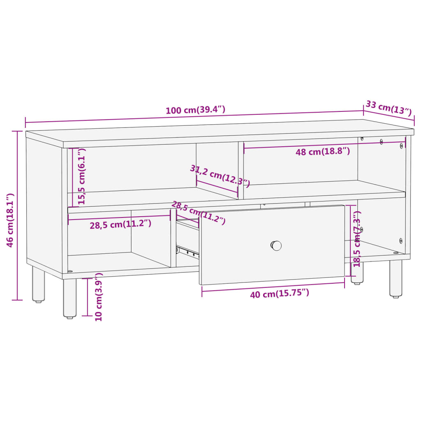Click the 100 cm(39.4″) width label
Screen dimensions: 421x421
coord(195,110)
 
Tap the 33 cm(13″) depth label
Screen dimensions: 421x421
coord(388,108)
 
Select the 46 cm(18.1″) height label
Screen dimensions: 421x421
coord(11,220)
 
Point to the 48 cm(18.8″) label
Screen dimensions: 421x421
coord(323,151)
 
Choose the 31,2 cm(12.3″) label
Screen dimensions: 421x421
coord(220,175)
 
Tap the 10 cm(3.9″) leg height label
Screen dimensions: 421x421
coord(99,296)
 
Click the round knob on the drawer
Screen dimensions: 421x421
coord(276,245)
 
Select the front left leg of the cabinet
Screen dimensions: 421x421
coord(69,298)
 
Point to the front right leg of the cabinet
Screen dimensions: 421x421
coord(396,278)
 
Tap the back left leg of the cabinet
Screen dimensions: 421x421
coord(39,284)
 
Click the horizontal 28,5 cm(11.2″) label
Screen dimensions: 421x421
coord(120,224)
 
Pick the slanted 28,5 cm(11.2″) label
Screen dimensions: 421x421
coord(198,213)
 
